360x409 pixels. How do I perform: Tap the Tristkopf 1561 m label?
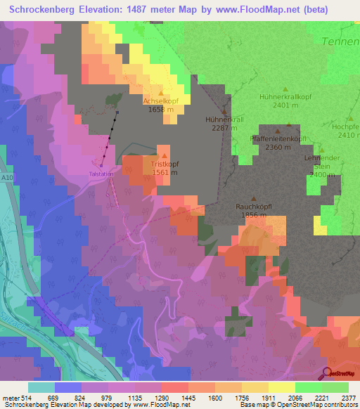(164, 167)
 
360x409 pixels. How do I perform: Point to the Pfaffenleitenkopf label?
(279, 138)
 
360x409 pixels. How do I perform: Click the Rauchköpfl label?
(254, 207)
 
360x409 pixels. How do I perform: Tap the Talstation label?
(101, 173)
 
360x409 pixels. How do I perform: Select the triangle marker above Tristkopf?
(165, 155)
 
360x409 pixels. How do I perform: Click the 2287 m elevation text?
(224, 129)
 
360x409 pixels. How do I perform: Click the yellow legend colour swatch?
(281, 387)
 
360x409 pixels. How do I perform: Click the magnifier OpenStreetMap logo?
(328, 373)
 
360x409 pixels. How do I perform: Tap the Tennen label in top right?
(340, 41)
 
